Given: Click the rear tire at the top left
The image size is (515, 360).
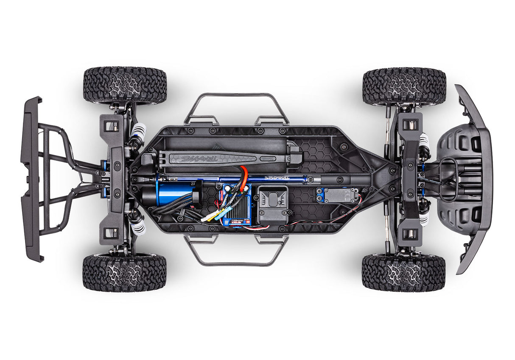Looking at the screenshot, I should point(125,85).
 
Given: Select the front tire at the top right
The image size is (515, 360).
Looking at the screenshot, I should point(404,86).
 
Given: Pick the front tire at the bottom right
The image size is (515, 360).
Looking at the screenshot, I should point(403,272).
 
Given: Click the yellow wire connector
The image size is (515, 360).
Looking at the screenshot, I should point(210,217).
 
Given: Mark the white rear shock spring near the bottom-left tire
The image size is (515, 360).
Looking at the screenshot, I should point(138,226).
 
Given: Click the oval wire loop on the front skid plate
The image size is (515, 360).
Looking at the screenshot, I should point(449,180).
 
